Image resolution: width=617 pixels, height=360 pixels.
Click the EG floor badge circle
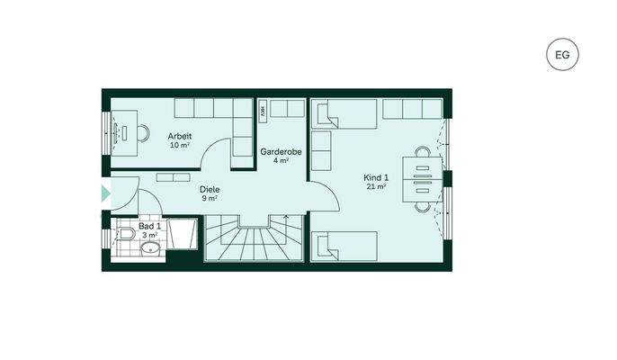pos(562,56)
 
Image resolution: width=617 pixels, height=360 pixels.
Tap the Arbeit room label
pos(179,135)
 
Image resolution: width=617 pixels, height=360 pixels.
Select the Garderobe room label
pos(281,152)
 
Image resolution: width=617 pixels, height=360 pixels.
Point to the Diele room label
pos(210,190)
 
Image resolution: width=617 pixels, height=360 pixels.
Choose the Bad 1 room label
pos(150,226)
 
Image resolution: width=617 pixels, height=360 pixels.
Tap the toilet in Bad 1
pos(127,236)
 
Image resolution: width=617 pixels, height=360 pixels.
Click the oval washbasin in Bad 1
pos(150,247)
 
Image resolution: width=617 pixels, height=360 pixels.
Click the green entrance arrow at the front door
pos(105,192)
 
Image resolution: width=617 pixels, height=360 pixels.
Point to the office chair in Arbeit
pos(145,133)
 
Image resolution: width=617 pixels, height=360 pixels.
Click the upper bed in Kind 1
pos(345,114)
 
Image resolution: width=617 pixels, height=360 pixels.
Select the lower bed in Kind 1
pos(345,246)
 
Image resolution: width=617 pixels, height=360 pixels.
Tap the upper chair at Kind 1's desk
pos(422,154)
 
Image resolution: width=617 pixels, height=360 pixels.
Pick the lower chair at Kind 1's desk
pos(422,206)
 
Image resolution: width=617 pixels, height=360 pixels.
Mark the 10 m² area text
pos(179,144)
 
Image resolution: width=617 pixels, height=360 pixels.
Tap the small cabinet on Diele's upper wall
pos(174,176)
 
